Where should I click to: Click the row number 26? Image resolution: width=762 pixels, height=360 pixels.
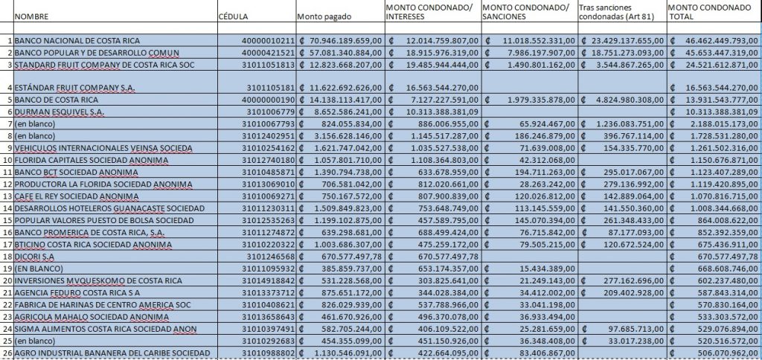point(7,352)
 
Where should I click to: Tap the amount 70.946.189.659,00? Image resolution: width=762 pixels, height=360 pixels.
point(345,40)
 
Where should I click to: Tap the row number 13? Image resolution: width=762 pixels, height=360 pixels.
point(7,196)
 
